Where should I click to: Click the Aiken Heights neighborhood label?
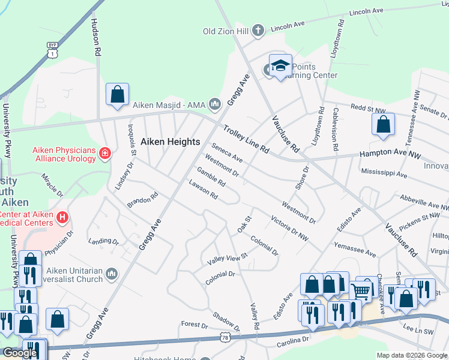(x=170, y=142)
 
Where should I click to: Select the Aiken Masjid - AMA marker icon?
(x=215, y=105)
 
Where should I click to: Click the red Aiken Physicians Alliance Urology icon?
(x=105, y=154)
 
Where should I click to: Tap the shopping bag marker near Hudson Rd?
(x=117, y=95)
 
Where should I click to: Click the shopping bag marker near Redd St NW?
(x=382, y=125)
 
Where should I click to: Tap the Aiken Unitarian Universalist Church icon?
(x=112, y=274)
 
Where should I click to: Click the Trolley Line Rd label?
(x=246, y=138)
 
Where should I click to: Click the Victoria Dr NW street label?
(x=289, y=229)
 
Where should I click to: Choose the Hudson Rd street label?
(x=95, y=37)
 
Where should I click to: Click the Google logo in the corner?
(x=20, y=353)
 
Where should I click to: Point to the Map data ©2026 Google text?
(x=412, y=355)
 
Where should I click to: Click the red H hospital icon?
(x=61, y=216)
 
